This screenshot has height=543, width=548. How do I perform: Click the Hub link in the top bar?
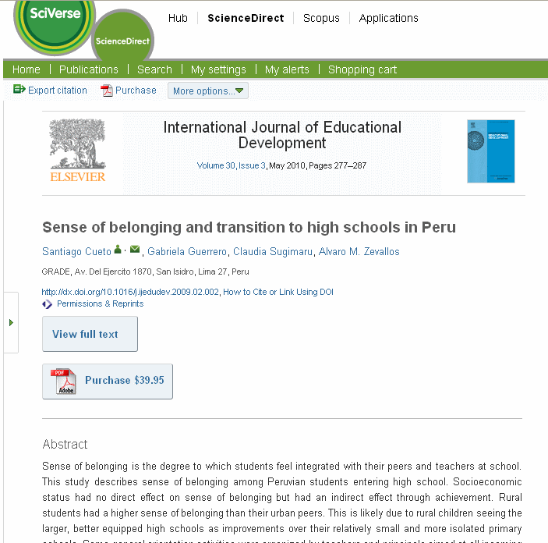click(x=178, y=18)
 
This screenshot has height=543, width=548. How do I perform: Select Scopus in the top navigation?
click(x=321, y=18)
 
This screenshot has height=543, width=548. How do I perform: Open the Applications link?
click(x=388, y=18)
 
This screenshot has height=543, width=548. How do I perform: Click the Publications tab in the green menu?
click(x=89, y=69)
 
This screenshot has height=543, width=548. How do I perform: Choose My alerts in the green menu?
click(x=287, y=69)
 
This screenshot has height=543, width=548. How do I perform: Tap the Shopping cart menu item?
click(x=362, y=69)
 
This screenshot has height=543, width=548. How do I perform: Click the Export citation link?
click(x=57, y=90)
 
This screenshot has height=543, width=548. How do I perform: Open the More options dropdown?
click(x=208, y=91)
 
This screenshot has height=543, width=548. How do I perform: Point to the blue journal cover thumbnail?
click(x=490, y=151)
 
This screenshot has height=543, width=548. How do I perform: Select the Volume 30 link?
click(x=216, y=165)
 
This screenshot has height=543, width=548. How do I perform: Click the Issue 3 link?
click(x=252, y=165)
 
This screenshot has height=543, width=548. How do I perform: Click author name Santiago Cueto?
click(x=76, y=251)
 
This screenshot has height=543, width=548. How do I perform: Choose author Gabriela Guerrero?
click(x=187, y=251)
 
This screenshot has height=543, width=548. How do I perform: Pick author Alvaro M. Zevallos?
click(x=359, y=251)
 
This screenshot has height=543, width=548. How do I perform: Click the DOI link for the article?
click(x=130, y=292)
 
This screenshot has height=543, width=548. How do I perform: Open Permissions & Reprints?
click(x=100, y=303)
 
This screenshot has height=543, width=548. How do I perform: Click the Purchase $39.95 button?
click(x=108, y=381)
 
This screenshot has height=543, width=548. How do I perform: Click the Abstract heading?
click(x=65, y=444)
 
